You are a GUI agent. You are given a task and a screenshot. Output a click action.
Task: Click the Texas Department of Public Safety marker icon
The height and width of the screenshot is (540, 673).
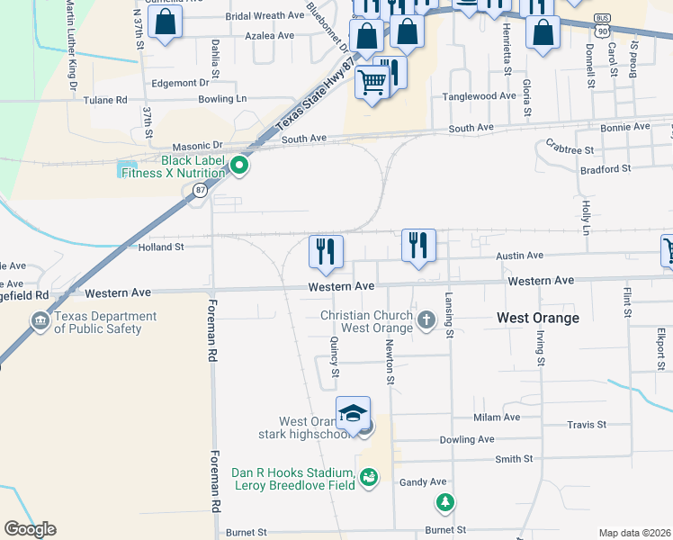click(40, 321)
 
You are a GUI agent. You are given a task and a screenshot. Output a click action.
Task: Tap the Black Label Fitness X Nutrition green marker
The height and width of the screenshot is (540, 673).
click(239, 166)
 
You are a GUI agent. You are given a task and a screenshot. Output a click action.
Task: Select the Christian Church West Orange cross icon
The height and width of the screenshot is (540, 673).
click(426, 319)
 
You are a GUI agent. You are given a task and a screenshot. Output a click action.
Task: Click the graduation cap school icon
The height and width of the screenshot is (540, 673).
click(353, 412)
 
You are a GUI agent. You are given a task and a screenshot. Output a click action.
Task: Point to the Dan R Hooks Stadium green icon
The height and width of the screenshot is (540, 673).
click(367, 477)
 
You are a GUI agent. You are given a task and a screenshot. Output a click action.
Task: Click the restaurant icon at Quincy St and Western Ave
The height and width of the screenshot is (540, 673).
click(325, 251)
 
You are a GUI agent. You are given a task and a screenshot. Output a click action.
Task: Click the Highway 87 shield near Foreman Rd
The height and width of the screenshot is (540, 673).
click(197, 190)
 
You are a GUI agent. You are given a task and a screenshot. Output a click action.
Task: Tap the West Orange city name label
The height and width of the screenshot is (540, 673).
click(539, 318)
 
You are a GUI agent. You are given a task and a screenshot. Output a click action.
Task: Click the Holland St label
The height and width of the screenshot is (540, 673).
click(161, 246)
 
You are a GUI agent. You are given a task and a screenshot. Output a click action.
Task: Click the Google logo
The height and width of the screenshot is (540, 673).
click(30, 529)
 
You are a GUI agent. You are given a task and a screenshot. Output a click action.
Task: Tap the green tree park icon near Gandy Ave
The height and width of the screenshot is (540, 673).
click(443, 502)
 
